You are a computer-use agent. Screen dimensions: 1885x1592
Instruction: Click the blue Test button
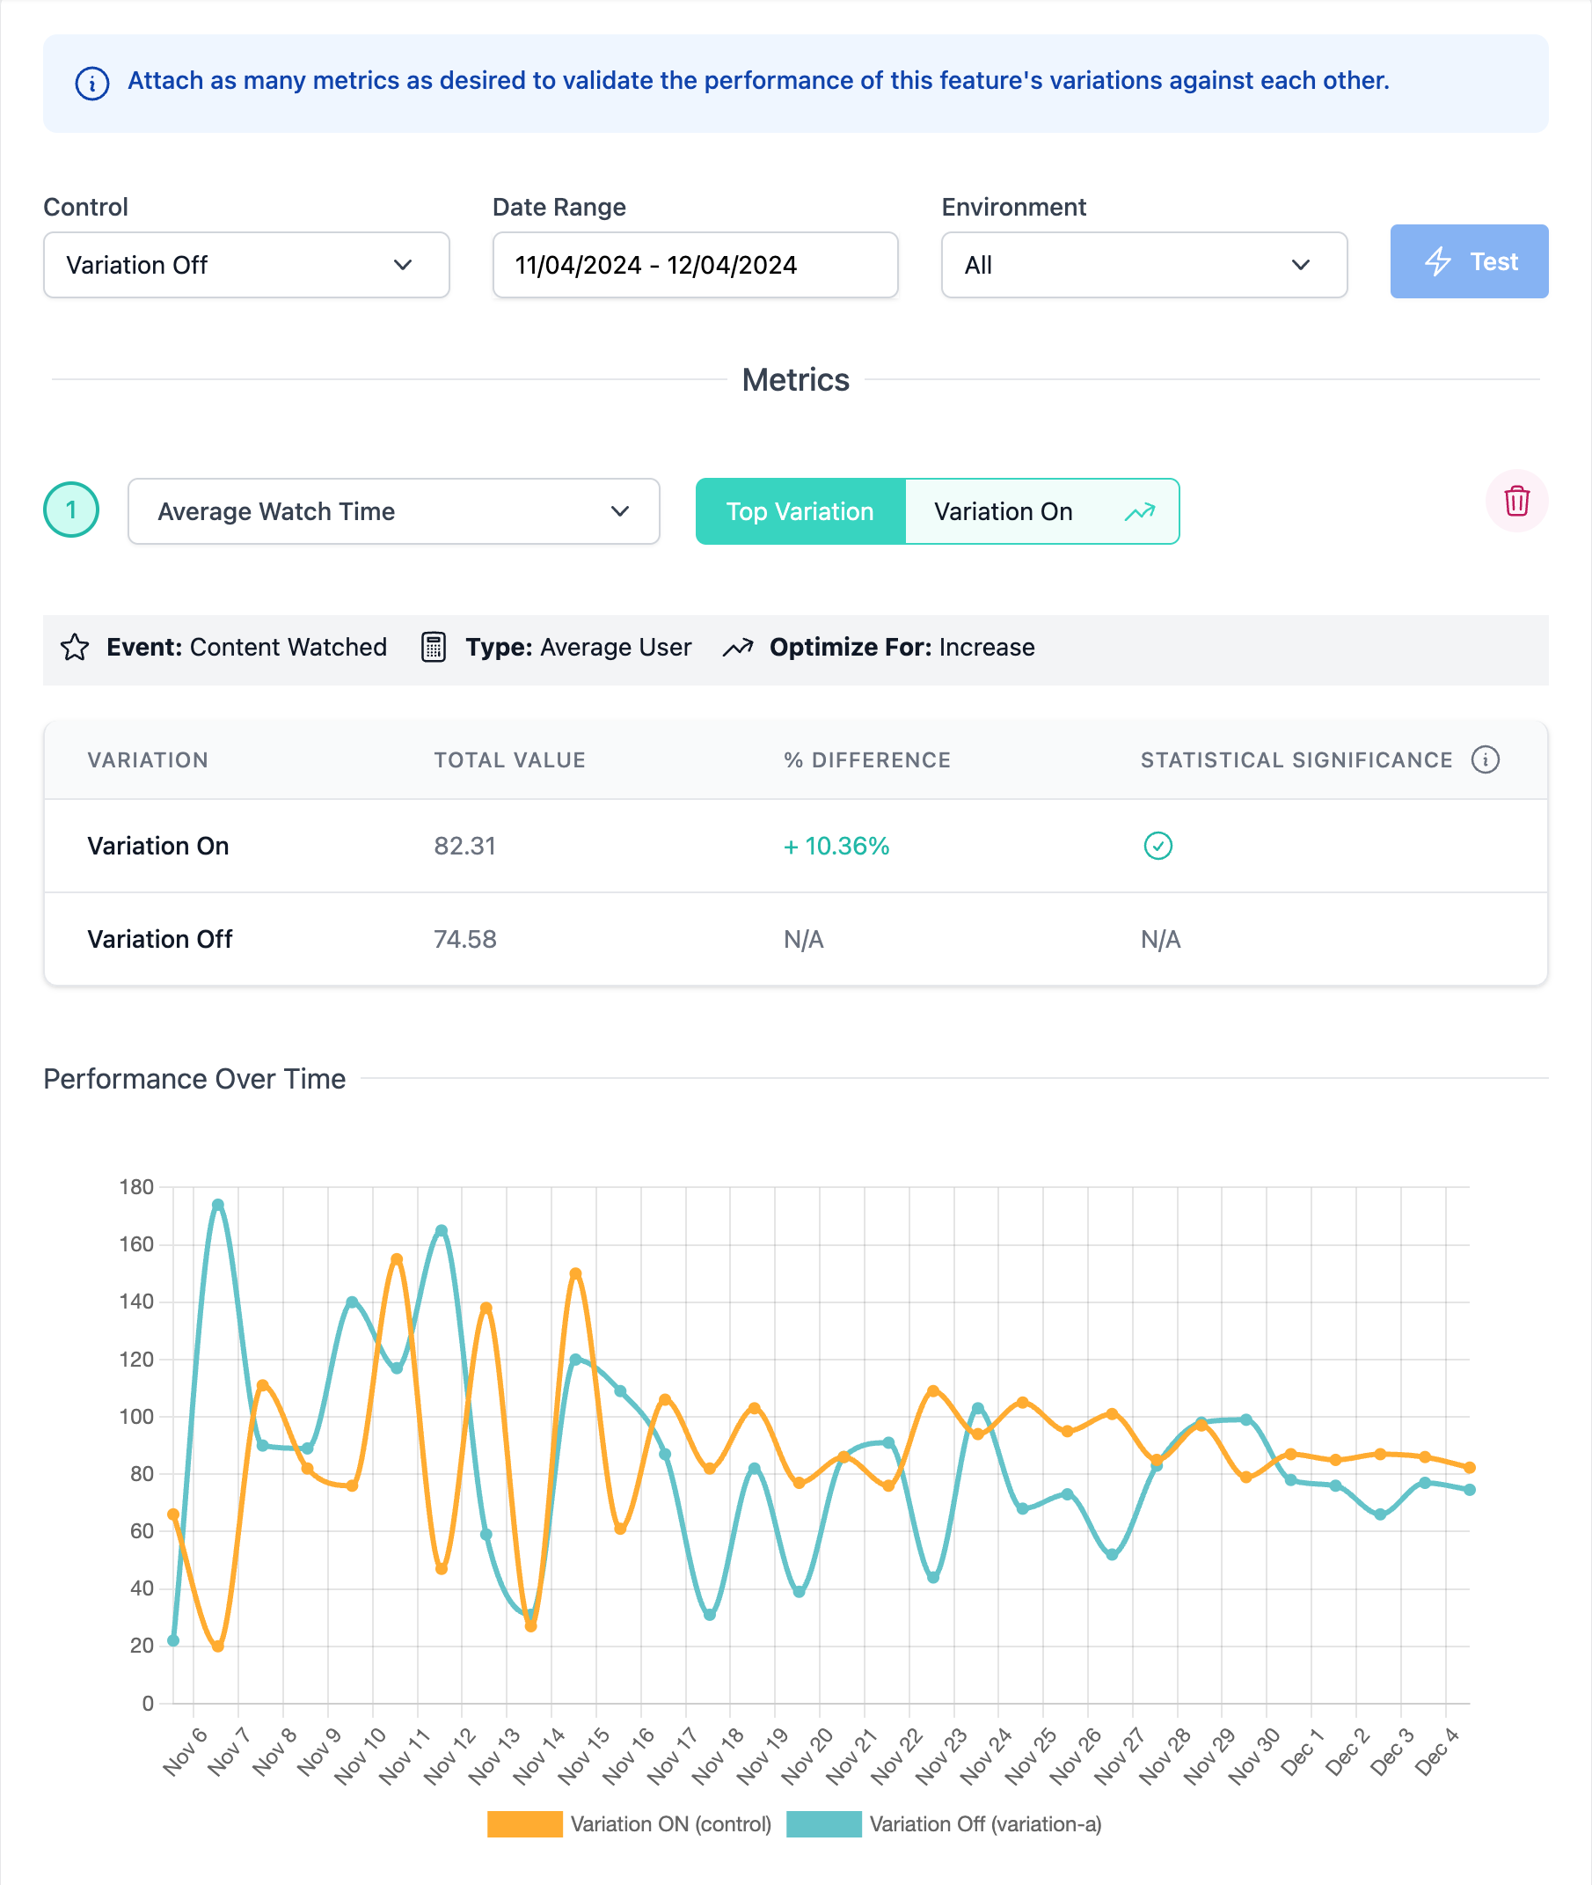tap(1468, 262)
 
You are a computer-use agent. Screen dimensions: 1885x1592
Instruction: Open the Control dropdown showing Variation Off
tap(245, 266)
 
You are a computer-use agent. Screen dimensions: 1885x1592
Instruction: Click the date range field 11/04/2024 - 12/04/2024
tap(695, 266)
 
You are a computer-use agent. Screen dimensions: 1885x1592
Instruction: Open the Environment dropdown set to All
tap(1143, 266)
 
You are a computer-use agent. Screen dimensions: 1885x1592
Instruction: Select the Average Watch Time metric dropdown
tap(393, 512)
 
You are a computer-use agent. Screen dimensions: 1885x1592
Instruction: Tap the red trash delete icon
tap(1516, 501)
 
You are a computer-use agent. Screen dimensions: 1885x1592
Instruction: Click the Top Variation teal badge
tap(800, 512)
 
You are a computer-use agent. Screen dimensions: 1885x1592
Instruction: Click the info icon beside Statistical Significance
tap(1485, 760)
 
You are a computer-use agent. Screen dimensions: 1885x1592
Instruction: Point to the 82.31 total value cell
tap(464, 847)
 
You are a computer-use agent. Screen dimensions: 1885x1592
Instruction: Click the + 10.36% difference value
tap(836, 847)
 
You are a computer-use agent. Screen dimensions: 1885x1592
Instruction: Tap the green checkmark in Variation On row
tap(1157, 846)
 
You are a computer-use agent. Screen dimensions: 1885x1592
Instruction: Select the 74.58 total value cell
tap(464, 940)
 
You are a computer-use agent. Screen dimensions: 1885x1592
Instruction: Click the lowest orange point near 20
tap(217, 1647)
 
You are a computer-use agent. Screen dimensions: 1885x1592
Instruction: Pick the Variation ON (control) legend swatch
tap(524, 1824)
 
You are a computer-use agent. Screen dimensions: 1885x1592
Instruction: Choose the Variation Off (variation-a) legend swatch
tap(823, 1824)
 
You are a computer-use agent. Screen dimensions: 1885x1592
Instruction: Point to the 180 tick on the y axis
tap(136, 1187)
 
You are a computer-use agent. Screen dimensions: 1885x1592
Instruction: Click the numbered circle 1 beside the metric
tap(71, 510)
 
